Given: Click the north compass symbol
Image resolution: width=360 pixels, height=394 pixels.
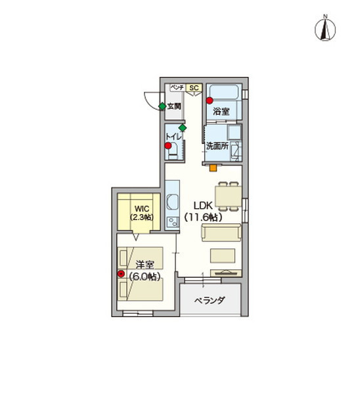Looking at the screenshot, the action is coord(325,29).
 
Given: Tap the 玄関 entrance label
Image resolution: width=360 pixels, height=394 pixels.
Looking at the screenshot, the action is coord(174,106).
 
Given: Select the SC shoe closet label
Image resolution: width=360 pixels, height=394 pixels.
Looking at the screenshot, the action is coord(194,88).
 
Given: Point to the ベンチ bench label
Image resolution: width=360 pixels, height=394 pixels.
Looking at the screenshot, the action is coord(177,87).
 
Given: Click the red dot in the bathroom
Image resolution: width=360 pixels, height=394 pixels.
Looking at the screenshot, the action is coord(210,100).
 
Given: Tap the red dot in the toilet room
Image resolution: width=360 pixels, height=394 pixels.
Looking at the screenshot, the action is coord(168,146).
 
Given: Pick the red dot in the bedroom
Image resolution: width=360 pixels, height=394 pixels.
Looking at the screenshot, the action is coord(121,274).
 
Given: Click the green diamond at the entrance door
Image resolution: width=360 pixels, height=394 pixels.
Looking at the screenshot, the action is coord(162,106).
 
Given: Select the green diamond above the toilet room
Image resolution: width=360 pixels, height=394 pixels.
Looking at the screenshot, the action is coord(183,127).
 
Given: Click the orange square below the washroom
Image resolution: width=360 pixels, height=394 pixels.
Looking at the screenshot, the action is coord(214,167).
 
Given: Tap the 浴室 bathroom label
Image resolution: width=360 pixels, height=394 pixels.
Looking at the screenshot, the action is coord(221,112).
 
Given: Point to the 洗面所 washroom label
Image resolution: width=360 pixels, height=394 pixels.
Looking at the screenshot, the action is coord(217,146).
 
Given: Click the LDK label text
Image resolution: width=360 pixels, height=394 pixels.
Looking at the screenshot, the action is coord(203,206).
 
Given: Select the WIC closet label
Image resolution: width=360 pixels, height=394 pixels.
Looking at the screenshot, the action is coord(142,209).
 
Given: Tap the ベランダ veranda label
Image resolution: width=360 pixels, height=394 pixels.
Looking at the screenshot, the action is coord(210,300).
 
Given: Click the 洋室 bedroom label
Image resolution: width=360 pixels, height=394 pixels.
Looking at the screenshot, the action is coord(145,265).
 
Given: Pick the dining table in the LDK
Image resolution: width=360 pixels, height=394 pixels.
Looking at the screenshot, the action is coord(228,196).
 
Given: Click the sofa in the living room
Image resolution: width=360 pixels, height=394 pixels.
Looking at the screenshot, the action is coord(221,232).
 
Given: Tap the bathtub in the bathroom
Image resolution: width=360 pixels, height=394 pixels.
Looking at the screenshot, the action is coord(224,92).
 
